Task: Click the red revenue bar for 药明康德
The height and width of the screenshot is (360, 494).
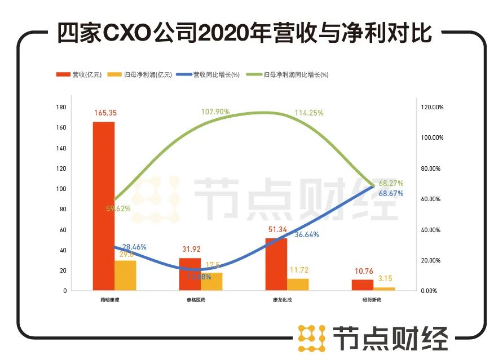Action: [104, 206]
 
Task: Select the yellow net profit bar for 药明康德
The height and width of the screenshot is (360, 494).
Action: [125, 275]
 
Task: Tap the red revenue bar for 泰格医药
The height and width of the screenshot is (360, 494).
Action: [189, 274]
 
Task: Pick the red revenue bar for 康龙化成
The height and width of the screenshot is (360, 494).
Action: [276, 264]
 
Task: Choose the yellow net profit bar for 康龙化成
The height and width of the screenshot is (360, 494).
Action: [298, 285]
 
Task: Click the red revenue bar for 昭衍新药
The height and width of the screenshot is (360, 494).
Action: [363, 285]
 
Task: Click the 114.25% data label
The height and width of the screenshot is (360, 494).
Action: [309, 113]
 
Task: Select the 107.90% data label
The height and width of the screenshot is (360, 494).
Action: [215, 112]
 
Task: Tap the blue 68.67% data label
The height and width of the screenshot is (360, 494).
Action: [391, 193]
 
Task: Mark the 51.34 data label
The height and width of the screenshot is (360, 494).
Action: [276, 229]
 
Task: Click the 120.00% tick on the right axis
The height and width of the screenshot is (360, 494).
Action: [433, 107]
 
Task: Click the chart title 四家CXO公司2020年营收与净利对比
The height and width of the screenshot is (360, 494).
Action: [245, 34]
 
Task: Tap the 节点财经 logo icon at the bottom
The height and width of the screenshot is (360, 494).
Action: [312, 338]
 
